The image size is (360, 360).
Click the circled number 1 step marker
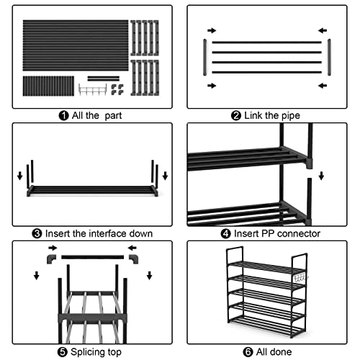pyautogui.click(x=63, y=116)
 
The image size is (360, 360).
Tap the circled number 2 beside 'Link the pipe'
pyautogui.click(x=236, y=116)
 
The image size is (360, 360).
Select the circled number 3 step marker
pyautogui.click(x=37, y=233)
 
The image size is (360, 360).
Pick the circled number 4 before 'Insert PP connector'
pyautogui.click(x=225, y=233)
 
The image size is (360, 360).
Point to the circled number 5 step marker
pyautogui.click(x=63, y=352)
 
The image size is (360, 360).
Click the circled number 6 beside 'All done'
pyautogui.click(x=248, y=352)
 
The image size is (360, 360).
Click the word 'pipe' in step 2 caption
pyautogui.click(x=290, y=116)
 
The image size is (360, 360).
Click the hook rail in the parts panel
pyautogui.click(x=93, y=89)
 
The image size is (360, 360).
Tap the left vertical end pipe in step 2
pyautogui.click(x=204, y=57)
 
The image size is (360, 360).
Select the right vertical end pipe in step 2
pyautogui.click(x=329, y=57)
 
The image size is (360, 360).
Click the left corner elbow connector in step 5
pyautogui.click(x=51, y=259)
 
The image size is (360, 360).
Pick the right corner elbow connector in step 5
pyautogui.click(x=134, y=259)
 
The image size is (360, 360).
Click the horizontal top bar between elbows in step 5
pyautogui.click(x=93, y=257)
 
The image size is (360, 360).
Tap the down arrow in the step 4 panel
pyautogui.click(x=321, y=176)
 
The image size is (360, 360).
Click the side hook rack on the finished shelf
pyautogui.click(x=300, y=278)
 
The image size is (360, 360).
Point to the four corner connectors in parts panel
pyautogui.click(x=117, y=89)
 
